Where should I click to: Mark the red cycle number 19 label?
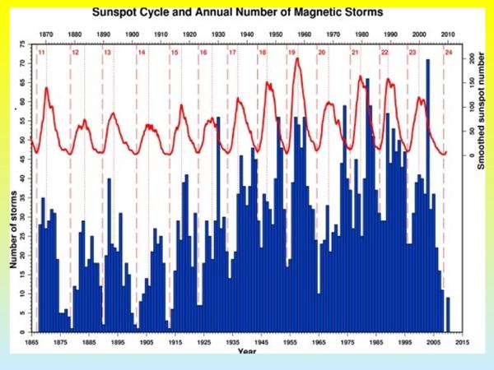(x=291, y=53)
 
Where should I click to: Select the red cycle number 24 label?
(x=448, y=53)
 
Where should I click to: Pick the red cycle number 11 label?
(x=41, y=53)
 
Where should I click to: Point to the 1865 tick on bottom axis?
(x=31, y=340)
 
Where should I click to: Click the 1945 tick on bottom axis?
(x=262, y=340)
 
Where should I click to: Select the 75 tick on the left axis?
(x=22, y=41)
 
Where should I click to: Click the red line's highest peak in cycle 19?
(x=296, y=58)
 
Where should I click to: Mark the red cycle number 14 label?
(x=141, y=53)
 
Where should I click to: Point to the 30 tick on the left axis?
(x=22, y=215)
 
